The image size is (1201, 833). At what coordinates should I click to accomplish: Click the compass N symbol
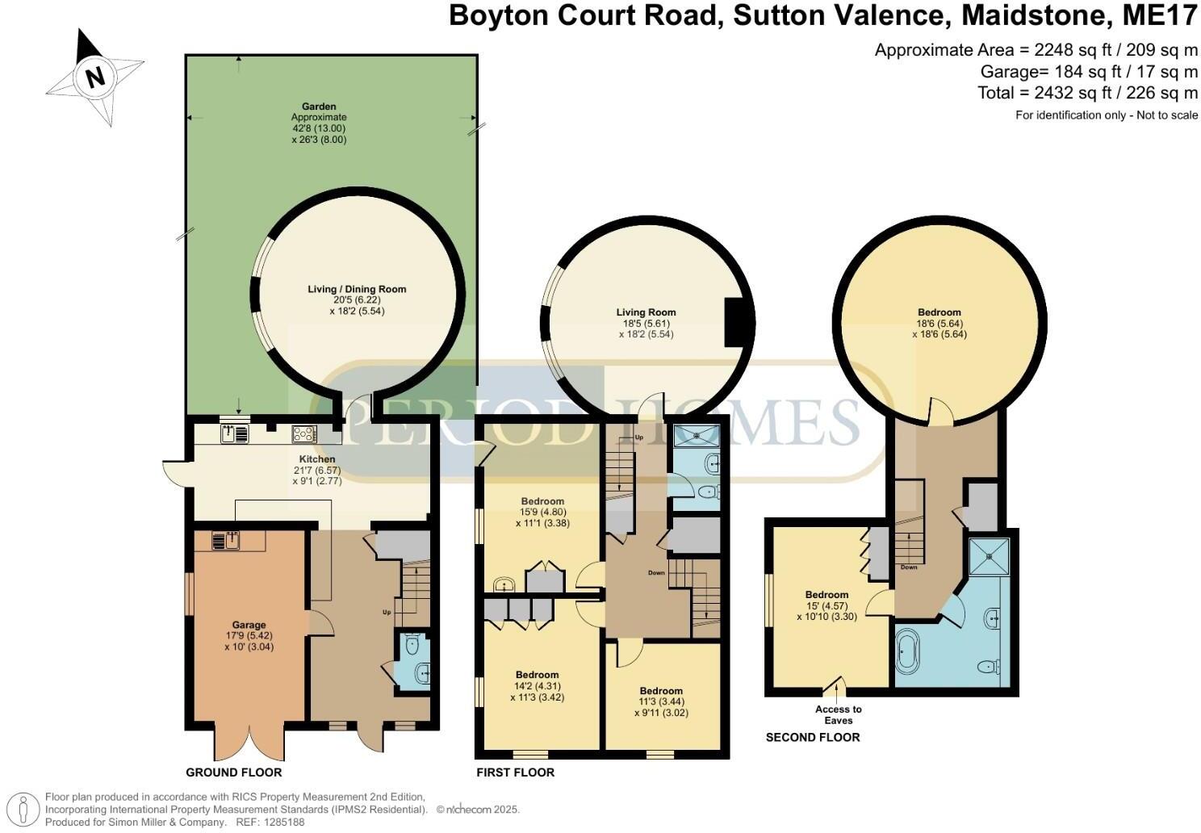[x=94, y=77]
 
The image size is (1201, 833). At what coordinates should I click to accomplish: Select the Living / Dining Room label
[x=357, y=289]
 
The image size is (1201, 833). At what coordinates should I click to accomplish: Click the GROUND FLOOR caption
[x=234, y=772]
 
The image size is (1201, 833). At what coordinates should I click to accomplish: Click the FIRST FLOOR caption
[x=516, y=772]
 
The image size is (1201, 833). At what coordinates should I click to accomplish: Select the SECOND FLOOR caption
[x=813, y=737]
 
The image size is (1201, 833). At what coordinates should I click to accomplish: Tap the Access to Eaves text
[x=838, y=714]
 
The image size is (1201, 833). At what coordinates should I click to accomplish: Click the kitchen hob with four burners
[x=303, y=434]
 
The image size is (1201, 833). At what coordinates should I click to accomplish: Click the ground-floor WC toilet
[x=412, y=643]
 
